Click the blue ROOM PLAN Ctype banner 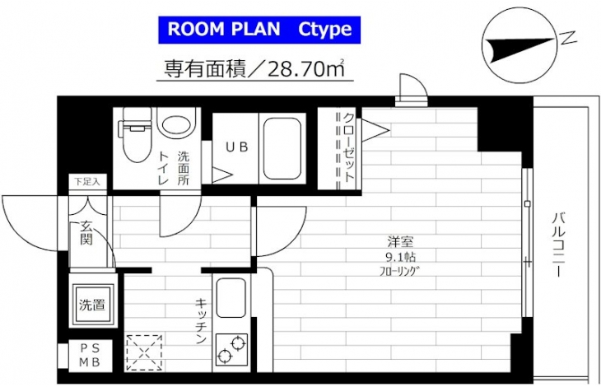[x=259, y=30]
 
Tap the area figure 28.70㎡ [x=300, y=69]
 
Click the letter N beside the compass [x=569, y=37]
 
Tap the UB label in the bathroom [x=237, y=147]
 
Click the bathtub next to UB [x=282, y=149]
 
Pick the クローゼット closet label [x=348, y=147]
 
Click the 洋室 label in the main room [x=399, y=242]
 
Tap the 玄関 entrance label [x=86, y=233]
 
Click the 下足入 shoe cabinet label [x=87, y=182]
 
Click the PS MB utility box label [x=90, y=355]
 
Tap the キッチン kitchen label [x=202, y=320]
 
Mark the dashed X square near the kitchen [x=145, y=352]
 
